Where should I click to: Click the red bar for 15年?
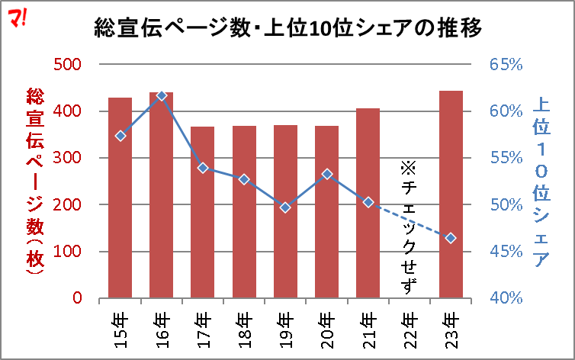coord(120,198)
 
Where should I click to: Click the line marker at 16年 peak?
coord(161,95)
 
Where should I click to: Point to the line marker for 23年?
coord(451,238)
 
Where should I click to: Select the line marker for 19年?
coord(285,207)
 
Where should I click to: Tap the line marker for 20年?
coord(326,174)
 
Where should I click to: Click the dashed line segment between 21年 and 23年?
coord(410,220)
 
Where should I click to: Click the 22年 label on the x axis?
coord(410,329)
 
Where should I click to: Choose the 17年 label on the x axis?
coord(203,329)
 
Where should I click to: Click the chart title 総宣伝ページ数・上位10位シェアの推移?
coord(287,29)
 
